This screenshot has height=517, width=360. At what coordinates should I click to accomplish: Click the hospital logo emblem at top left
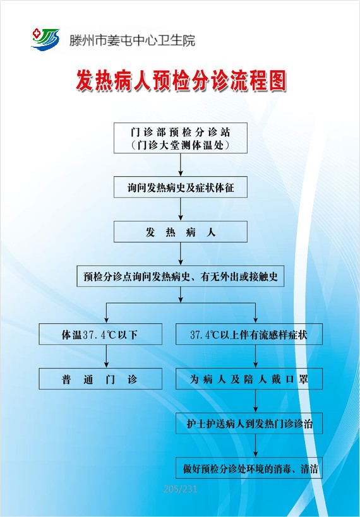(45, 40)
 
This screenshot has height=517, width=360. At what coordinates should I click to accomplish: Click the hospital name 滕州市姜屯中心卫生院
(132, 40)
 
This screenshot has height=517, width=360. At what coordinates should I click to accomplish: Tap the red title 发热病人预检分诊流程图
(181, 81)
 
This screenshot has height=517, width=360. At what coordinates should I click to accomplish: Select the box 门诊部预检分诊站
(181, 138)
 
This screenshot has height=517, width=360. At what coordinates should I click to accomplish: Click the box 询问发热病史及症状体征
(181, 187)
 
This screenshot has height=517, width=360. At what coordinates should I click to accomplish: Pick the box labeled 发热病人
(181, 232)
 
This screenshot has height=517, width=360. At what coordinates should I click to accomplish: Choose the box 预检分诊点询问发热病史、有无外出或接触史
(181, 276)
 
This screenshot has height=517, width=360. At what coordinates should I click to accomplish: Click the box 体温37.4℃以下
(100, 335)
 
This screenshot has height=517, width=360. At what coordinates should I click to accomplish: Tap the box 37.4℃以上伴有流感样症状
(249, 335)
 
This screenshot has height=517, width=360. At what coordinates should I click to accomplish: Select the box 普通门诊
(100, 379)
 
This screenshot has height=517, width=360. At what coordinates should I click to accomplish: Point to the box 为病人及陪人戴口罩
(249, 379)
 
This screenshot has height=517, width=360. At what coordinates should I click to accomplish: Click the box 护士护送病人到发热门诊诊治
(249, 423)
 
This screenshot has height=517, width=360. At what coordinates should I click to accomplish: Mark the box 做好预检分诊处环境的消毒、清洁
(249, 468)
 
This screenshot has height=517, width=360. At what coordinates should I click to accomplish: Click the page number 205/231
(180, 489)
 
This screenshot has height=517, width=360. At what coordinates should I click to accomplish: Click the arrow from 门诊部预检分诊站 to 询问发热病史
(181, 165)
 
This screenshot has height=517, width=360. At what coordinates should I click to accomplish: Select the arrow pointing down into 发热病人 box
(181, 210)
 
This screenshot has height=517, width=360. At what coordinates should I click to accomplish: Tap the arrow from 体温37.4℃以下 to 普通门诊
(106, 357)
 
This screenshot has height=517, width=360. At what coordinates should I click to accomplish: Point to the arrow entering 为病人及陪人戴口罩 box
(255, 357)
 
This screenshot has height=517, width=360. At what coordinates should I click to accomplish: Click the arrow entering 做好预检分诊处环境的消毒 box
(255, 446)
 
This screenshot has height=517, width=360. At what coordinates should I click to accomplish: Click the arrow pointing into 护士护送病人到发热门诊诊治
(255, 401)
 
